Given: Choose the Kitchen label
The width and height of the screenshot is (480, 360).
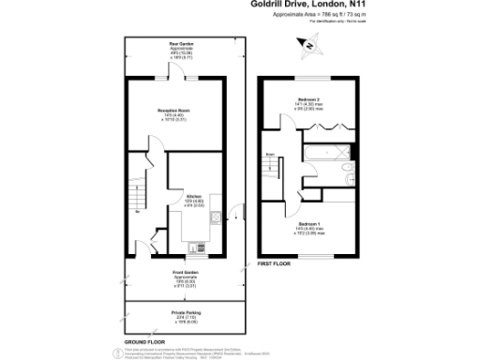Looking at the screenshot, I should tap(194, 198).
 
